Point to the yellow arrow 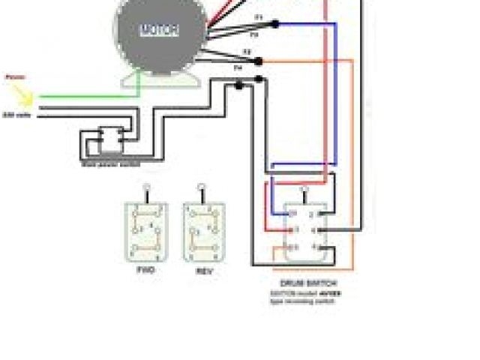[x=22, y=94]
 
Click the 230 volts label [x=16, y=115]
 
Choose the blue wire [x=335, y=90]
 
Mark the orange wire [x=352, y=150]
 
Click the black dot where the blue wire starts [x=276, y=25]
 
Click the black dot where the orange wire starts [x=259, y=61]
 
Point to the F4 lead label [x=238, y=68]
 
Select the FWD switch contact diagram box [x=146, y=232]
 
